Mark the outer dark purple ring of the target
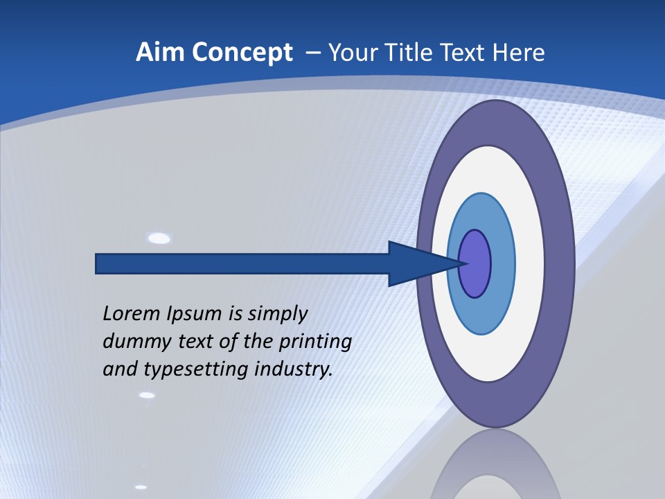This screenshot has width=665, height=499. click(560, 264)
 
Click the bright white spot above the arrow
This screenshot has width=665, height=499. click(159, 239)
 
